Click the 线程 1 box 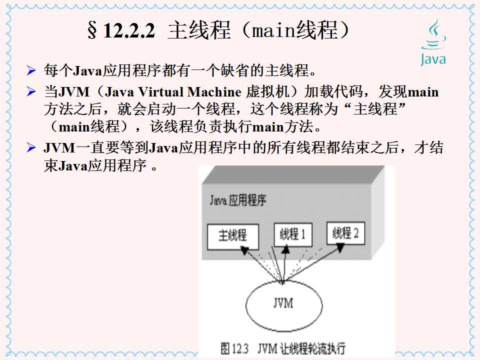click(292, 233)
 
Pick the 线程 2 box click(345, 232)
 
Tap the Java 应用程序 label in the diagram click(238, 201)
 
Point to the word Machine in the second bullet click(215, 92)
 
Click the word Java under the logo click(433, 59)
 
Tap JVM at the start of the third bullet click(57, 148)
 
